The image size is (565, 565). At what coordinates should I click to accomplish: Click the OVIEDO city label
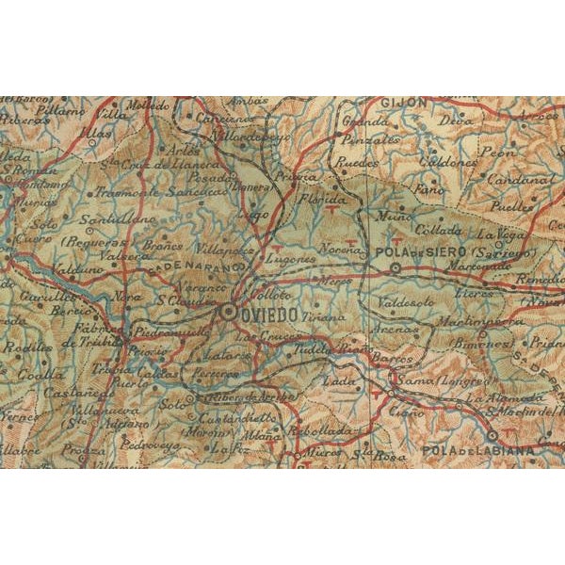(x=272, y=310)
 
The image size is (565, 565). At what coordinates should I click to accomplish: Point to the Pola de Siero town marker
(x=395, y=267)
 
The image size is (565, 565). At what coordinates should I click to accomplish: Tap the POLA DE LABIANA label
(x=480, y=450)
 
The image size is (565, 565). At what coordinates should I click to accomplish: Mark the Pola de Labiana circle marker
(x=492, y=435)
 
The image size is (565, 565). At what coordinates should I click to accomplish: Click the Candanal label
(x=519, y=178)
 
